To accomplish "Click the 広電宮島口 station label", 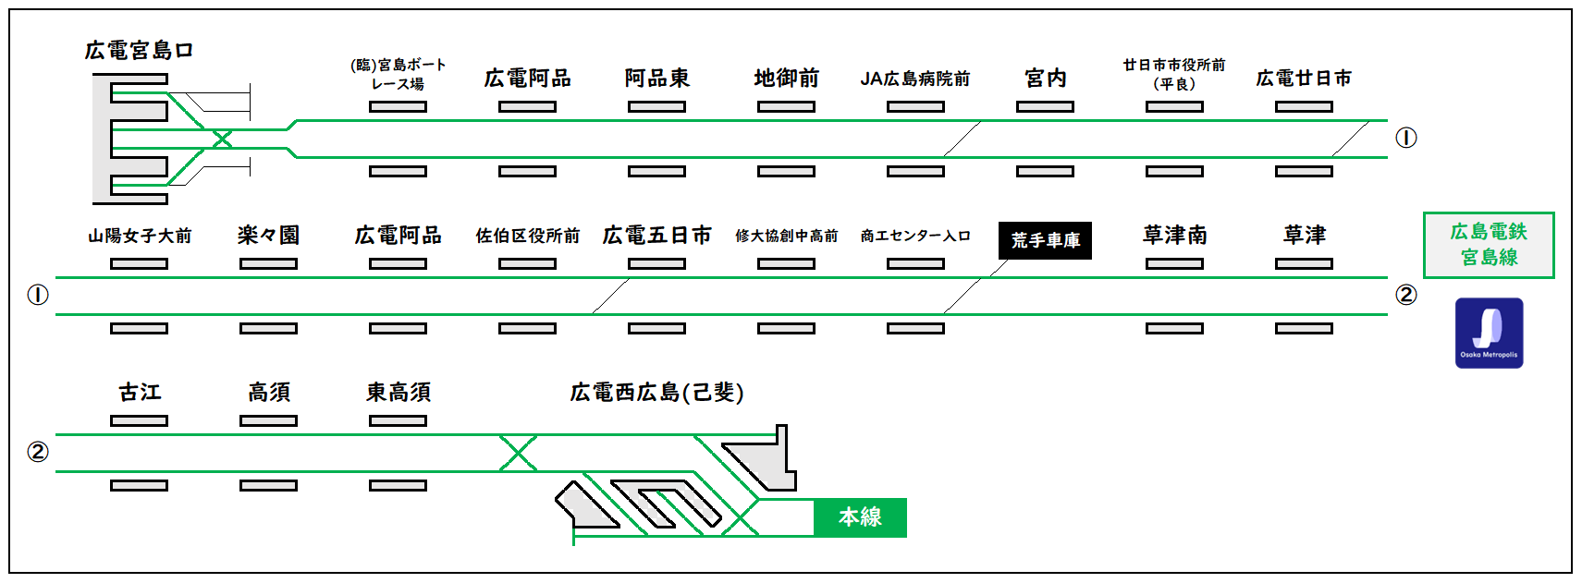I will coord(139,51).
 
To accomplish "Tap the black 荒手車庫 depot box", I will coord(1045,240).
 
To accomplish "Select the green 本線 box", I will coord(860,517).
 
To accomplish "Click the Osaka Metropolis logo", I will coord(1489,333).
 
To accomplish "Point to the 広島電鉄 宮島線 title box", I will coord(1489,245).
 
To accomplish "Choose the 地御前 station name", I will coord(786,79).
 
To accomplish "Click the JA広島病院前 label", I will coord(915,79).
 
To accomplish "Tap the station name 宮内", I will coord(1045,79).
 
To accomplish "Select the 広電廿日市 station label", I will coord(1304,79).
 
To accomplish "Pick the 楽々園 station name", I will coord(268,236).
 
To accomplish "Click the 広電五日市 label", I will coord(656,236).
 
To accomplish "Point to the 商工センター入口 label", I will coord(915,236).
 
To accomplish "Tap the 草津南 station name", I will coord(1174,236).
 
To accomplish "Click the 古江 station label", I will coord(140,393).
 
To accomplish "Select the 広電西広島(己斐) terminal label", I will coord(656,393).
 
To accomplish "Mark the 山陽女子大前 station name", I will coord(140,236).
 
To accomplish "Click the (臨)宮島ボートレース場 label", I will coord(398,74).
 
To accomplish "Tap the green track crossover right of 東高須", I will coord(518,453).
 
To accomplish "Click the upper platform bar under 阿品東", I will coord(656,106).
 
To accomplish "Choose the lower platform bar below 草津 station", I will coord(1304,328).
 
